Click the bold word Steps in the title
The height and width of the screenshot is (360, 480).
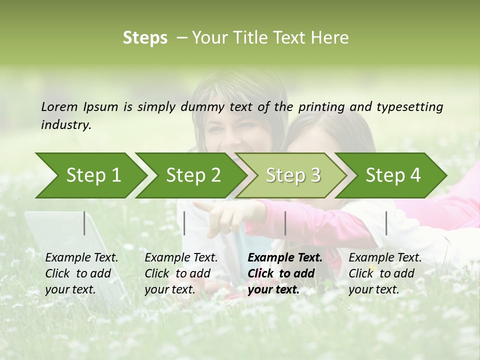click(x=145, y=38)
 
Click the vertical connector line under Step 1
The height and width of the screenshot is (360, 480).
click(x=84, y=223)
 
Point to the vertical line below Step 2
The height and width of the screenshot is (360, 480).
click(x=184, y=223)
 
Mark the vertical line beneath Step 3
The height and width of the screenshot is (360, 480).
click(x=285, y=223)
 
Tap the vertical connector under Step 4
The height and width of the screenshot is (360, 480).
click(x=386, y=223)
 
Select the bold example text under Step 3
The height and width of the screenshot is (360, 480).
click(x=284, y=273)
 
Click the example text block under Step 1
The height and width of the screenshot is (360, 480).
click(x=81, y=273)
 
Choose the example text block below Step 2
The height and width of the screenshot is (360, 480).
click(x=181, y=273)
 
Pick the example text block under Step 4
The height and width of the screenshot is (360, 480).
click(x=385, y=273)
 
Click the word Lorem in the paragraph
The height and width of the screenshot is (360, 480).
click(x=59, y=106)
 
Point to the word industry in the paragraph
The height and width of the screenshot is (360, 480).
click(x=66, y=125)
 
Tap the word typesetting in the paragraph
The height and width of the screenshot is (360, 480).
click(x=409, y=107)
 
